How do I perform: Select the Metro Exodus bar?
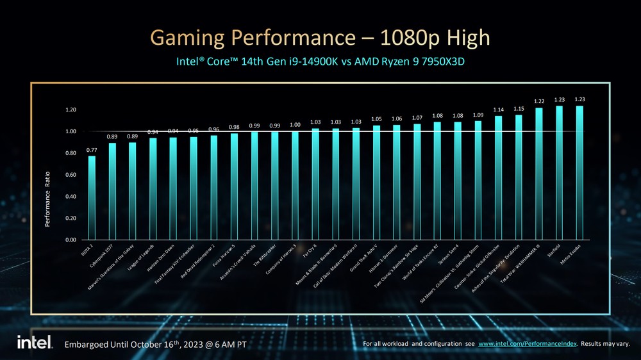click(x=579, y=173)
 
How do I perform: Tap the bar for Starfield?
click(x=559, y=173)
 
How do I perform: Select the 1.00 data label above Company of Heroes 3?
click(x=295, y=124)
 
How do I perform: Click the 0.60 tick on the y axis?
click(x=70, y=175)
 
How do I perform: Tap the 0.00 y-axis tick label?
click(x=70, y=240)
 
